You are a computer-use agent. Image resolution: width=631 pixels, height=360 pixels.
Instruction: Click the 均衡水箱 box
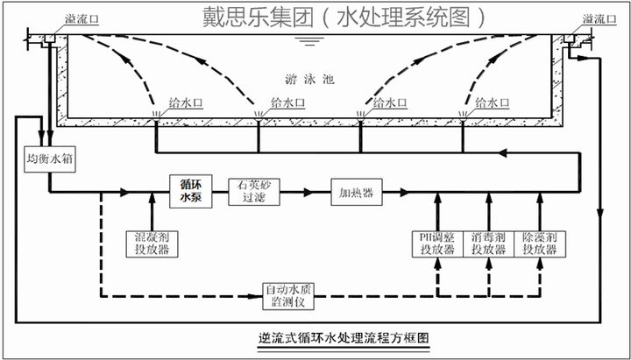click(x=48, y=161)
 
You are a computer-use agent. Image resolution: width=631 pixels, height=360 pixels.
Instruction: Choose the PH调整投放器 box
click(x=437, y=243)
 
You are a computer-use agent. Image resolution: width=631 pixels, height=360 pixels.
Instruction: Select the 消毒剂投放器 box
click(x=488, y=243)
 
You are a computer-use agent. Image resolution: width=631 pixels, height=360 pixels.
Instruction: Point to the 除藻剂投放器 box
click(x=539, y=243)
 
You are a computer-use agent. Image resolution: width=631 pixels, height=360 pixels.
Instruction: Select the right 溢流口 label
click(x=601, y=19)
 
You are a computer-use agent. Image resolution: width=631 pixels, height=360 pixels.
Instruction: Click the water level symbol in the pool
click(x=306, y=41)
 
